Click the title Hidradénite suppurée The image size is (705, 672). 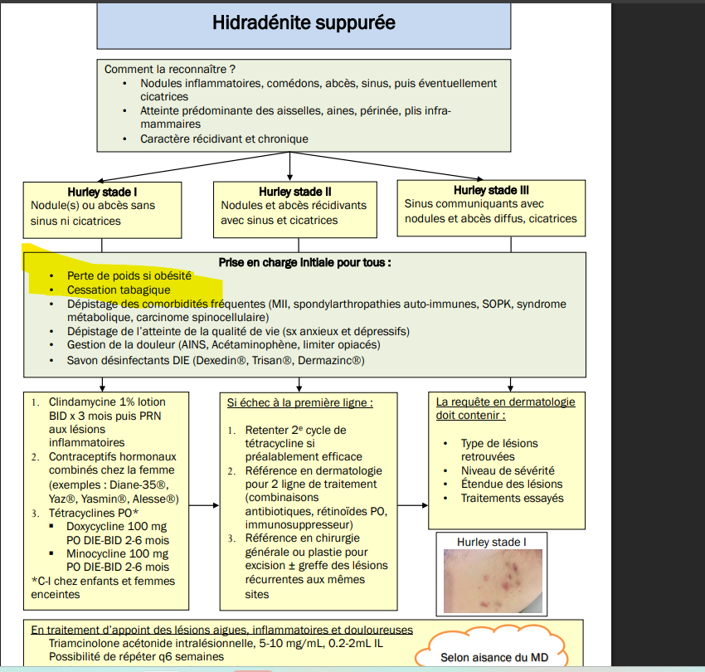pyautogui.click(x=304, y=23)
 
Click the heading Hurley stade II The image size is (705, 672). pyautogui.click(x=294, y=191)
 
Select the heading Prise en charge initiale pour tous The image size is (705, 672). pyautogui.click(x=304, y=261)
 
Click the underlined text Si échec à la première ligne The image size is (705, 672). pyautogui.click(x=299, y=402)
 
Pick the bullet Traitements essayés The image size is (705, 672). pyautogui.click(x=512, y=498)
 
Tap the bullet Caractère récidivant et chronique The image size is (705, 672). pyautogui.click(x=224, y=139)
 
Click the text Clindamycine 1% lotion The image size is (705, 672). pyautogui.click(x=107, y=402)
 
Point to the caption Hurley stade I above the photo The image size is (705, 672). pyautogui.click(x=490, y=542)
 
